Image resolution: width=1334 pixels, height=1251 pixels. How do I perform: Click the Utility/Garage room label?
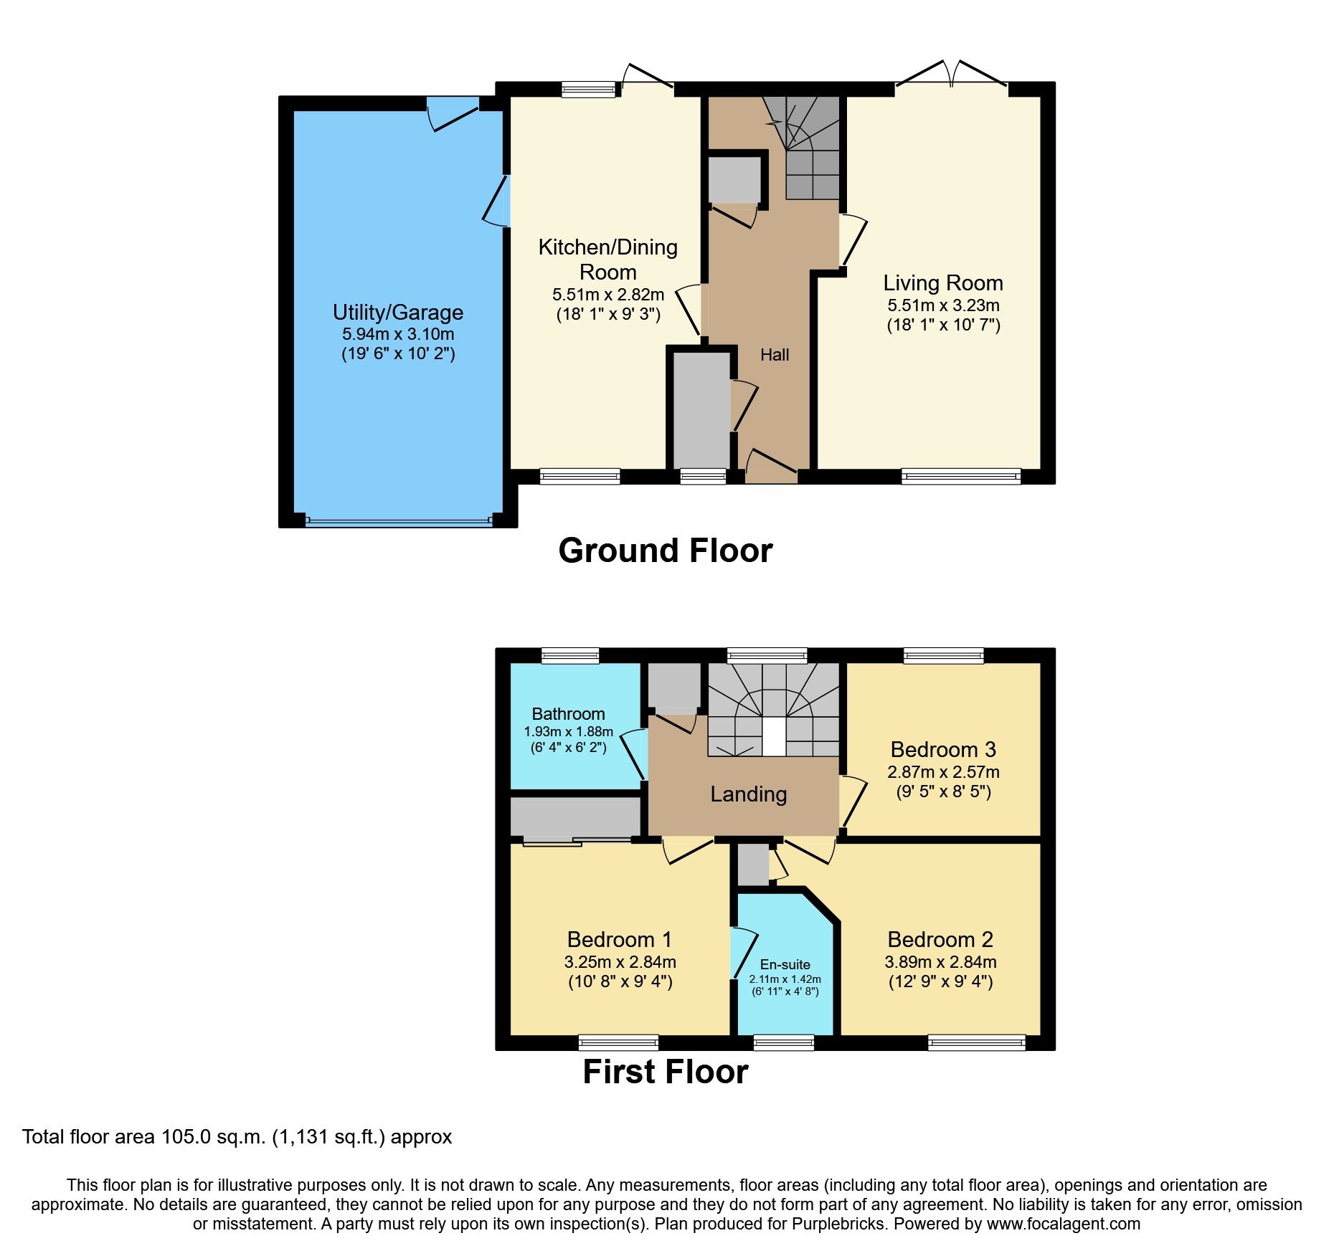397,313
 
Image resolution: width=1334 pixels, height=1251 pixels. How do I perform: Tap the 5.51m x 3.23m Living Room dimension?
943,305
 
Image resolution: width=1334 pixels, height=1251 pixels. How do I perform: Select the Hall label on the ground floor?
775,355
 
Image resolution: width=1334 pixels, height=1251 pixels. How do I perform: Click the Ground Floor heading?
665,551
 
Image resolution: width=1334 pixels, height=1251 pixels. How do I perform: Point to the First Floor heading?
665,1072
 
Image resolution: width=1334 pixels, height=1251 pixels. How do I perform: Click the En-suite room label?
785,965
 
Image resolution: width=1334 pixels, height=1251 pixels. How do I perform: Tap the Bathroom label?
568,714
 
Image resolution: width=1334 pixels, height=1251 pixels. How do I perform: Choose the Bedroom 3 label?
943,750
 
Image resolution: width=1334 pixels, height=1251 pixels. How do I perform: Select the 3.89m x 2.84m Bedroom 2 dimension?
940,962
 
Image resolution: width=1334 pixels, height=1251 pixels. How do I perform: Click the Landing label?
748,794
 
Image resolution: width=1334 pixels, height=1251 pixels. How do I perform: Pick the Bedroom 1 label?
620,940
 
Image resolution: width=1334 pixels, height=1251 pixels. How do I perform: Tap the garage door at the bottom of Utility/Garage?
399,521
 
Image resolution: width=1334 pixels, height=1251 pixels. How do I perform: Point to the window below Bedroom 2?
976,1043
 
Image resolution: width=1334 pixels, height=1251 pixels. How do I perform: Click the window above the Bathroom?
570,655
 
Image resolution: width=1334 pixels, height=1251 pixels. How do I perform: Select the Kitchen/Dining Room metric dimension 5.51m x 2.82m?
607,295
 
